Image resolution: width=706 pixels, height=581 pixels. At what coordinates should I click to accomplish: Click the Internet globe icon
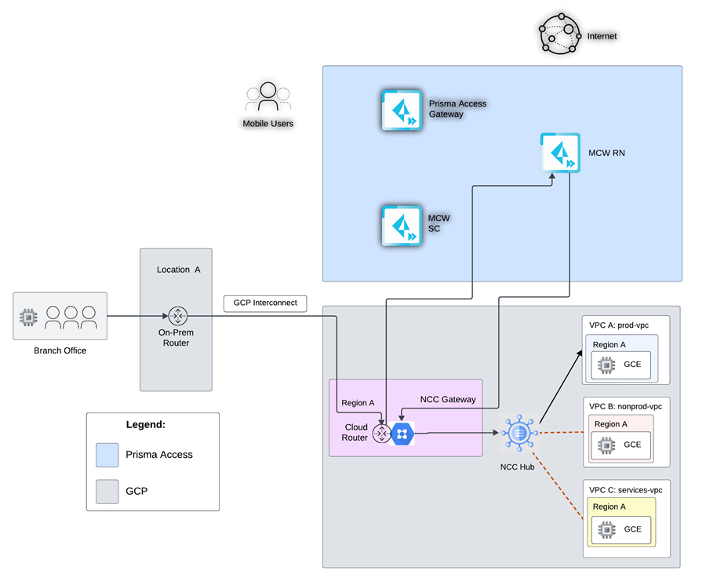559,34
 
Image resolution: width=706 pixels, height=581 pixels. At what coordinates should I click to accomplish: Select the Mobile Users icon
268,96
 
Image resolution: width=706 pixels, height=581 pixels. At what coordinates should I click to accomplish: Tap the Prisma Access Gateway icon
402,111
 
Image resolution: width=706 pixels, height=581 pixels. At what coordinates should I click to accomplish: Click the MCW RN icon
560,153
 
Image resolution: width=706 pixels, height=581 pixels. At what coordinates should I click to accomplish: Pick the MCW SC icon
402,226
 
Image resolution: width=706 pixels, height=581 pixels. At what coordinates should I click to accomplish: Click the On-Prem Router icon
177,316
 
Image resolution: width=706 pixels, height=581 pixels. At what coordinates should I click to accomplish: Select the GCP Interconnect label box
265,303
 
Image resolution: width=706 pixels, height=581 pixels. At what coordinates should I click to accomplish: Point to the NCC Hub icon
519,433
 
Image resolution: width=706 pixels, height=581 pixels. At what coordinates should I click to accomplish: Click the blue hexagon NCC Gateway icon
402,434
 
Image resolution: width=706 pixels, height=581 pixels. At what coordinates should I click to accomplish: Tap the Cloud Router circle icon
382,434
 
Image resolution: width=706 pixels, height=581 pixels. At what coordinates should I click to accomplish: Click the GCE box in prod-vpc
621,365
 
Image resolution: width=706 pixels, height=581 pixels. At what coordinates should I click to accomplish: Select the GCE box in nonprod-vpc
621,445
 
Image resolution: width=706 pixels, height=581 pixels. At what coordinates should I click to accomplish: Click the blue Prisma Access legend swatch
107,455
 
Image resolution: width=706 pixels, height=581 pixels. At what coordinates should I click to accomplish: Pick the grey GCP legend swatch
107,492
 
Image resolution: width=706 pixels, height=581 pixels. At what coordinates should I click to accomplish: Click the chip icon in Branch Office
28,318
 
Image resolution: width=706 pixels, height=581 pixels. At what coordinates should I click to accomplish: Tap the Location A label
178,270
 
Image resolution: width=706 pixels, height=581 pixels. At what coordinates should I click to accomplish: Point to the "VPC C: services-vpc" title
625,490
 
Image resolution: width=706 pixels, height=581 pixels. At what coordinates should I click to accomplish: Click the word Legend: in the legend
145,424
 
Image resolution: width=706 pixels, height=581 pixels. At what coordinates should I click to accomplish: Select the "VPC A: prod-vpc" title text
619,325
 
